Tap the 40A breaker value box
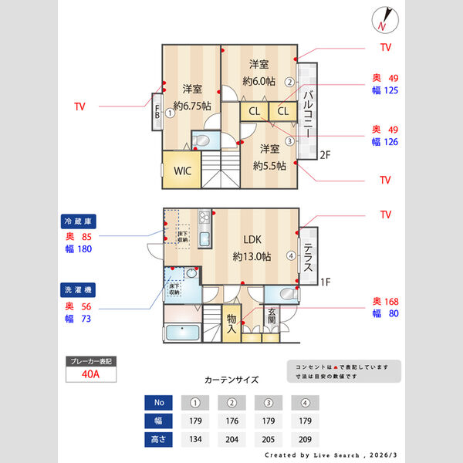[x=90, y=374]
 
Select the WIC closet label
[x=183, y=171]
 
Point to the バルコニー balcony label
[x=307, y=114]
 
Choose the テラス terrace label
[x=307, y=259]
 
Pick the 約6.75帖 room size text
[x=192, y=106]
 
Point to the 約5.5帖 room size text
[x=269, y=165]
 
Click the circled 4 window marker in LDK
[x=291, y=255]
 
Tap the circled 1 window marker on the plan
[x=169, y=112]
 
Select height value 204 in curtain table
[x=231, y=439]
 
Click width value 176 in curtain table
[x=231, y=421]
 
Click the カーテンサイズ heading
[x=231, y=380]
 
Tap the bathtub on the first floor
[x=182, y=333]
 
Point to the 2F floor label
[x=325, y=155]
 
